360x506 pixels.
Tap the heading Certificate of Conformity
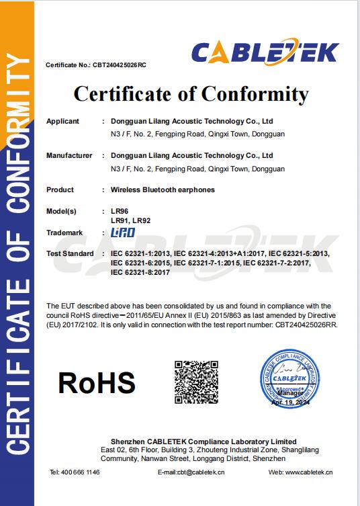pyautogui.click(x=191, y=94)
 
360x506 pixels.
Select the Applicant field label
pyautogui.click(x=62, y=122)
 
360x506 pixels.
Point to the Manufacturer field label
pyautogui.click(x=69, y=156)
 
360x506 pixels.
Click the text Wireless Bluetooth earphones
pyautogui.click(x=163, y=190)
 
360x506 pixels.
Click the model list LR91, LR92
pyautogui.click(x=130, y=220)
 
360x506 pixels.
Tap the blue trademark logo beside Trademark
pyautogui.click(x=123, y=233)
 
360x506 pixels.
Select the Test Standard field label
pyautogui.click(x=69, y=254)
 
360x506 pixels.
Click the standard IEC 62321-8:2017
pyautogui.click(x=140, y=273)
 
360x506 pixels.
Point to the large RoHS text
pyautogui.click(x=96, y=382)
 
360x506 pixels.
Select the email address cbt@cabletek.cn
pyautogui.click(x=199, y=472)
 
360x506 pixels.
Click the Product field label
pyautogui.click(x=60, y=190)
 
